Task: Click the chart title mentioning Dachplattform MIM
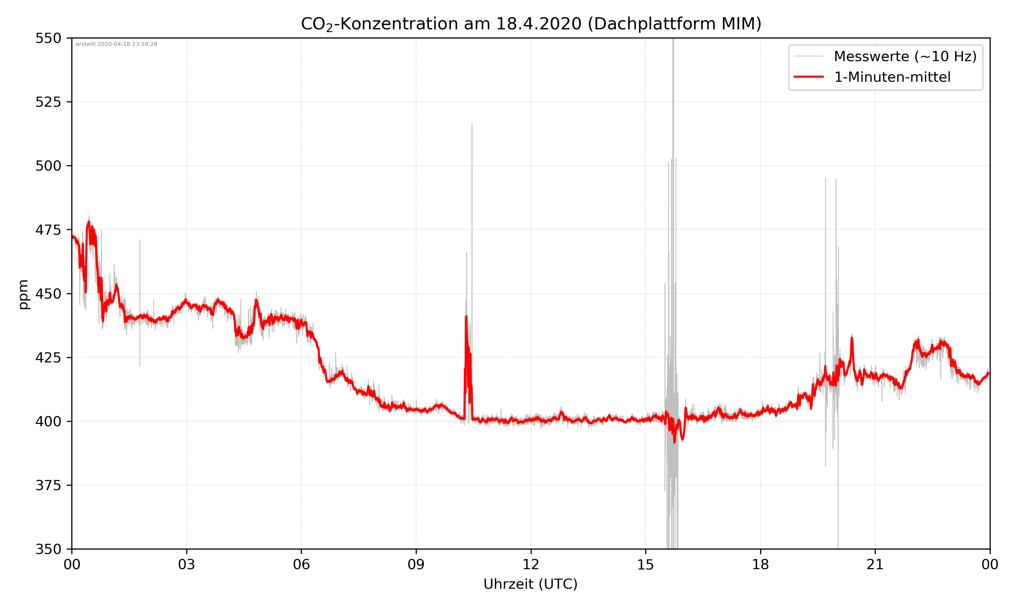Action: tap(531, 24)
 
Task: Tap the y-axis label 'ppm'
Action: tap(23, 294)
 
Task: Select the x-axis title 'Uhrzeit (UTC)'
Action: tap(530, 584)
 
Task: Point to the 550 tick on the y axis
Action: tap(48, 38)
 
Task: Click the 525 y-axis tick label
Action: tap(48, 102)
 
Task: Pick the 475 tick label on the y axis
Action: tap(48, 230)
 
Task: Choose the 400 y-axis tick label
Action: tap(48, 422)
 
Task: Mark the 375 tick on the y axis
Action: tap(48, 485)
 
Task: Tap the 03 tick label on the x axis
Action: tap(187, 564)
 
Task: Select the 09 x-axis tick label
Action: tap(416, 564)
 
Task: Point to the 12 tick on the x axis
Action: tap(531, 564)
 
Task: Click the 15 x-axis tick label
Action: tap(646, 564)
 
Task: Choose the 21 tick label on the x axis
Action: tap(875, 564)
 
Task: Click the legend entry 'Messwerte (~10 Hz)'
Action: tap(905, 56)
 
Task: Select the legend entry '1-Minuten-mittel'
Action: tap(892, 77)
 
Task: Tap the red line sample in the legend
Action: tap(808, 77)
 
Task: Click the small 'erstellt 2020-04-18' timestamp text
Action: tap(116, 44)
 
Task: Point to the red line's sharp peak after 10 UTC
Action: tap(466, 317)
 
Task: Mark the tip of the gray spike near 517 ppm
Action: tap(472, 123)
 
